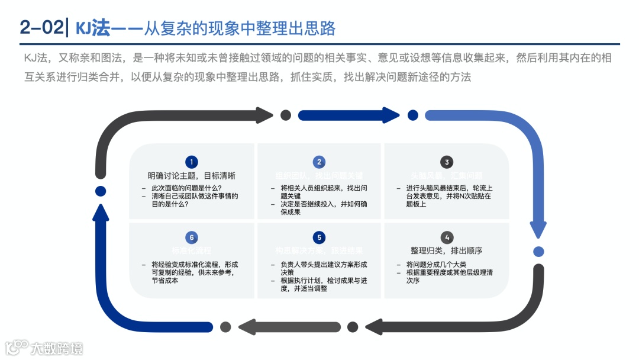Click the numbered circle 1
point(191,162)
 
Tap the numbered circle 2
point(319,162)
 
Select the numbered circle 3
point(447,162)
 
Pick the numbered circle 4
point(447,237)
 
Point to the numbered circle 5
point(319,237)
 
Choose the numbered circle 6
point(191,237)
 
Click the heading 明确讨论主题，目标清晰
point(191,175)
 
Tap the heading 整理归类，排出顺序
point(447,250)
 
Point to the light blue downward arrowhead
point(538,229)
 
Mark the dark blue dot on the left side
point(101,191)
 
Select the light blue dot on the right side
point(538,252)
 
